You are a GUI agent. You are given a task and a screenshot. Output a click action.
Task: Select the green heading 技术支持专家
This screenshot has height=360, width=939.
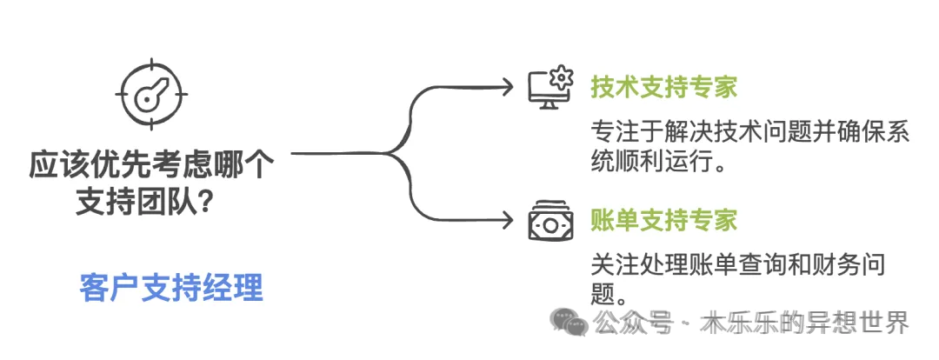tap(664, 88)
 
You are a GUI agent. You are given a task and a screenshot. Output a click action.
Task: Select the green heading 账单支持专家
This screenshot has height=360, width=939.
tap(664, 220)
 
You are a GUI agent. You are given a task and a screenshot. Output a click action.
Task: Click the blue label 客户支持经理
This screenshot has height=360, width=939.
tap(170, 288)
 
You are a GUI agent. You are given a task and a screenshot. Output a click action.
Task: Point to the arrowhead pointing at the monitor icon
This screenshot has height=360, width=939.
tap(508, 86)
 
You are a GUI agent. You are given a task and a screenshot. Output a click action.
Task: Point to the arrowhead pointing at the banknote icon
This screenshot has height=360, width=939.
tap(508, 221)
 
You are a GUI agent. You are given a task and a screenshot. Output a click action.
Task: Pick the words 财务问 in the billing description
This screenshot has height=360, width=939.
tap(856, 263)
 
